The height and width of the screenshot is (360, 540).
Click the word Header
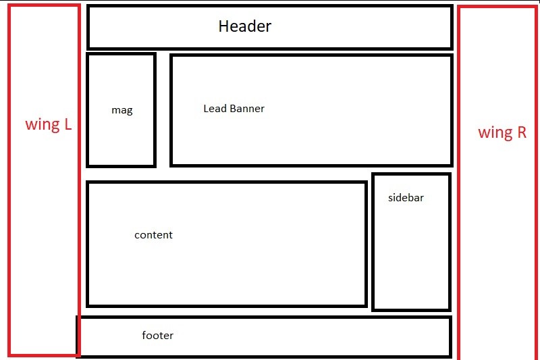[x=244, y=26]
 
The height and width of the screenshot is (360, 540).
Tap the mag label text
[x=122, y=110]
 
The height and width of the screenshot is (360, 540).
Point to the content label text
[x=153, y=235]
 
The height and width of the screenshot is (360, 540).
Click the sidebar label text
[x=406, y=198]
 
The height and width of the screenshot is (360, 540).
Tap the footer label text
[x=157, y=335]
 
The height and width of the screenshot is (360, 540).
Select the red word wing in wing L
[x=42, y=125]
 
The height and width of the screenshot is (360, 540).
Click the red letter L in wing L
[x=67, y=125]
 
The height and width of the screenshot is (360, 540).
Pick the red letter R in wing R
[x=521, y=132]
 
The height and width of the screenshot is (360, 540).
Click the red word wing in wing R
[x=495, y=133]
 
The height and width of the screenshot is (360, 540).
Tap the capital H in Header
[x=223, y=26]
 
